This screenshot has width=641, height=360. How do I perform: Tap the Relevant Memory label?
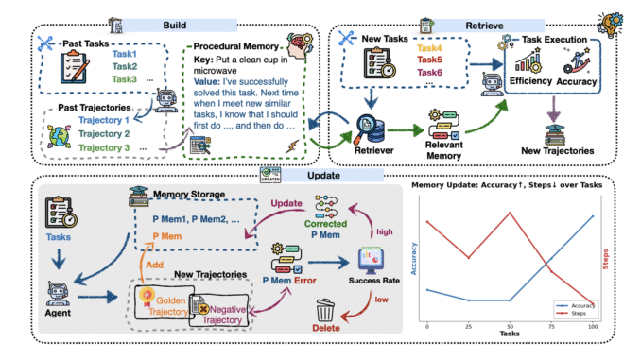tap(446, 142)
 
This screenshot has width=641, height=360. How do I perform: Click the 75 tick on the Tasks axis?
tap(552, 326)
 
